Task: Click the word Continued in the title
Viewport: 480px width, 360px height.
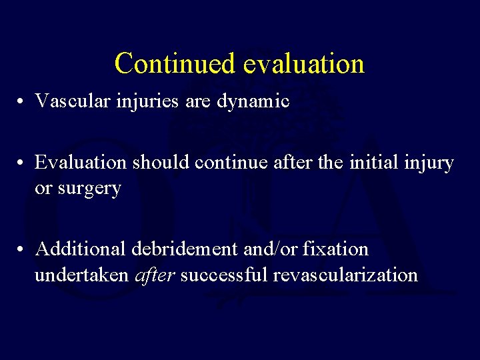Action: [175, 64]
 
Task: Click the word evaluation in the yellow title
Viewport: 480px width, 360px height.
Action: [304, 64]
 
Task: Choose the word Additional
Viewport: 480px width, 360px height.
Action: [81, 249]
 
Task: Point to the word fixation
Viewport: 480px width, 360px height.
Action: [335, 249]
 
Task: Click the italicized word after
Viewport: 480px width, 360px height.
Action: [154, 275]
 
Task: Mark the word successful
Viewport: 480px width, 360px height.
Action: [225, 275]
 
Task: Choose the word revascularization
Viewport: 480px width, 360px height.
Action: [345, 275]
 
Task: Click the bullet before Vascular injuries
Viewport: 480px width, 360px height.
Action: [22, 102]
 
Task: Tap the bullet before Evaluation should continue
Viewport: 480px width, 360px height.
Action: [22, 163]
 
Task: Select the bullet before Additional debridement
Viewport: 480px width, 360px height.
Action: [22, 250]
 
